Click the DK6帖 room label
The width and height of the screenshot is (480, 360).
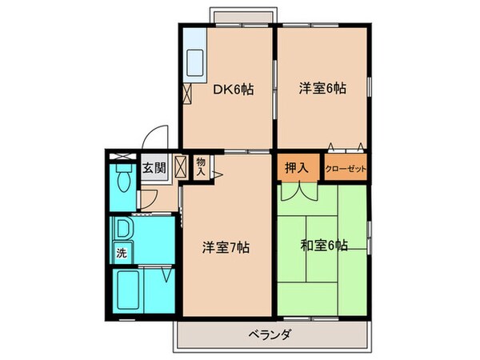(234, 90)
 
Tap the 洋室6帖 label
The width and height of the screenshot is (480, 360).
(322, 87)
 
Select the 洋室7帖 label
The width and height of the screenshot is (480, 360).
(226, 247)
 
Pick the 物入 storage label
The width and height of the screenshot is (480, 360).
(201, 166)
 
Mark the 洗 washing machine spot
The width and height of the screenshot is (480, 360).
(122, 254)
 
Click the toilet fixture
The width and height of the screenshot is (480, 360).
(123, 179)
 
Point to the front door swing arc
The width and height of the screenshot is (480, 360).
(158, 137)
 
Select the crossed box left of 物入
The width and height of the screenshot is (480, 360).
(180, 167)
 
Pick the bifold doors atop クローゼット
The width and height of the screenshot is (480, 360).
(345, 148)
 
